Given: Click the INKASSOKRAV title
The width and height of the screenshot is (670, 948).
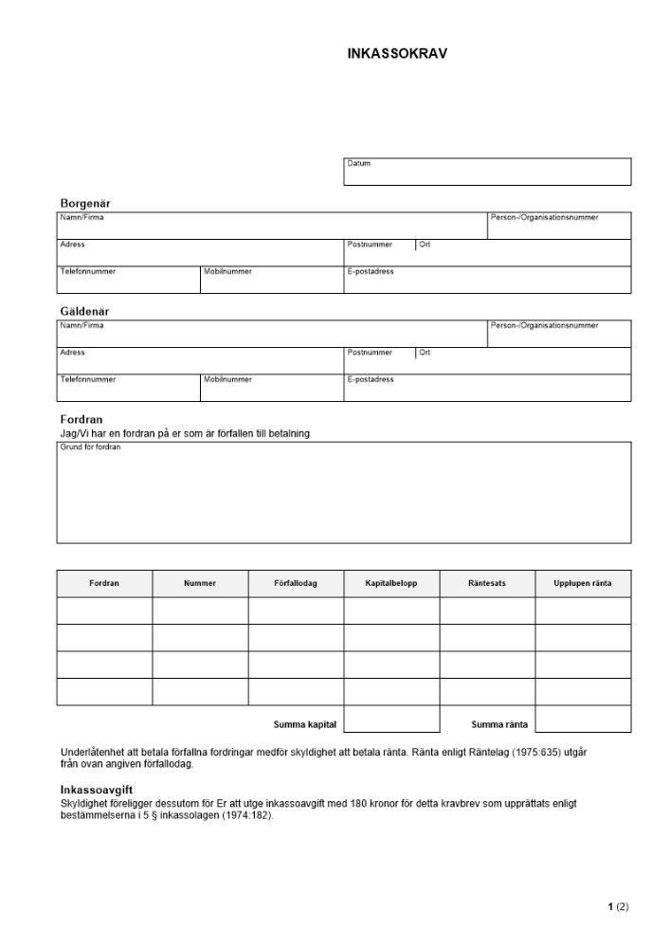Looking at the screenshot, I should click(397, 54).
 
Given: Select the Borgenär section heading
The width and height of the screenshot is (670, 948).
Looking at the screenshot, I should click(85, 203).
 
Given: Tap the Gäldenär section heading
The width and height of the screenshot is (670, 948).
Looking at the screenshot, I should click(85, 311).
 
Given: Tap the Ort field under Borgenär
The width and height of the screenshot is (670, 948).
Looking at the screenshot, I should click(522, 253).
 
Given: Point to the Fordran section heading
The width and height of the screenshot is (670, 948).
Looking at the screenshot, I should click(81, 419).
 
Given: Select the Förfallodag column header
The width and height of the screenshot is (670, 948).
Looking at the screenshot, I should click(296, 584).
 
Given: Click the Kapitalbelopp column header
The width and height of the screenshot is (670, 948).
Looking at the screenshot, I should click(391, 584).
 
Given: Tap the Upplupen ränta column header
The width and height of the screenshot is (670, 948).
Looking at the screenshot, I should click(583, 584).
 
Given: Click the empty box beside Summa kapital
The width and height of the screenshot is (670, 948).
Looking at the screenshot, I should click(391, 720).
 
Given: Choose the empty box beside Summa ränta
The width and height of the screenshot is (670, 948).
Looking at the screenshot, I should click(583, 720).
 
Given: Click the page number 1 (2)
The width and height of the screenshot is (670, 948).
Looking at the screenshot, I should click(618, 907).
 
